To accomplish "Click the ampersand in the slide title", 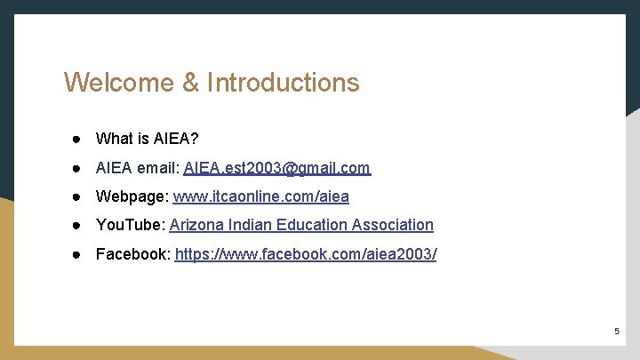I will pyautogui.click(x=191, y=83).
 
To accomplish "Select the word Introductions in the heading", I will pyautogui.click(x=284, y=83).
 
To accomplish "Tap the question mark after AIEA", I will pyautogui.click(x=195, y=139).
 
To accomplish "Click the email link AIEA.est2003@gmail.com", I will pyautogui.click(x=276, y=168).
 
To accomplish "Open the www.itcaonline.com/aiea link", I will pyautogui.click(x=260, y=196).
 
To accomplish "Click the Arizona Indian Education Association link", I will pyautogui.click(x=301, y=226).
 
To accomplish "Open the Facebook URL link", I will pyautogui.click(x=306, y=255).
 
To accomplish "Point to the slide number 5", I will pyautogui.click(x=616, y=332).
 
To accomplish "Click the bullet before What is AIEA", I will pyautogui.click(x=78, y=139).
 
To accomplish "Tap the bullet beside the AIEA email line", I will pyautogui.click(x=78, y=168).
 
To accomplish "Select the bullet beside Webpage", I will pyautogui.click(x=78, y=196).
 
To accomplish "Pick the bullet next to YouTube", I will pyautogui.click(x=78, y=226).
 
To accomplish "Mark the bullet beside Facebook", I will pyautogui.click(x=78, y=255).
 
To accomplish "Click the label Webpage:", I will pyautogui.click(x=132, y=196).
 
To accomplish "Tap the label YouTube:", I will pyautogui.click(x=130, y=226).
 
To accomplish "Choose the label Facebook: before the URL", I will pyautogui.click(x=133, y=255).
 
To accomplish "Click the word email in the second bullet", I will pyautogui.click(x=158, y=168).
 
